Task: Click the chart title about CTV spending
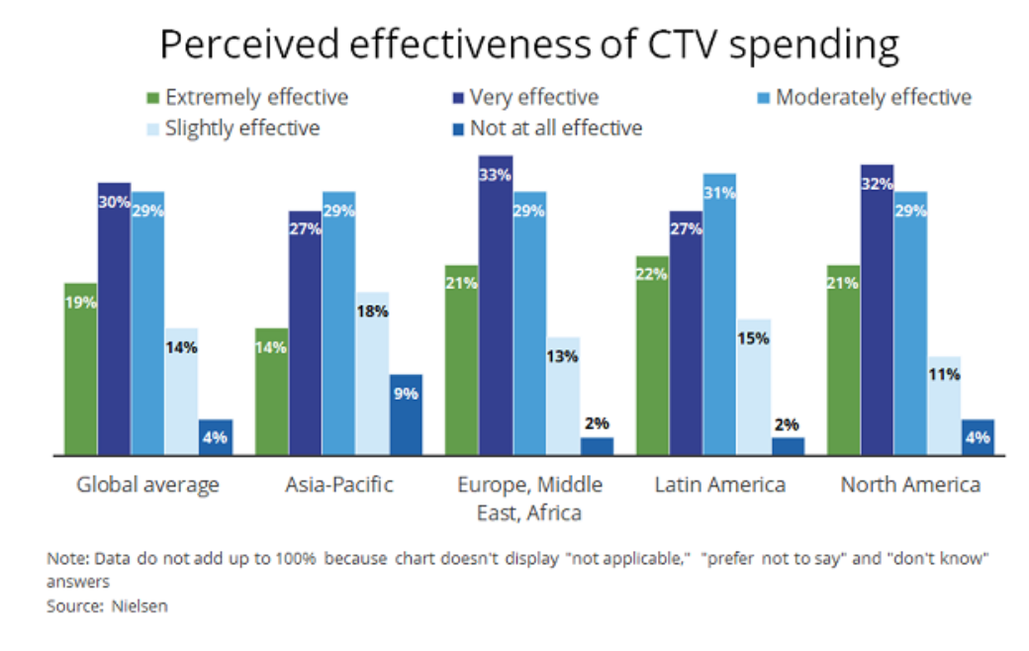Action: point(529,46)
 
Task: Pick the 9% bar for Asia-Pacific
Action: point(406,415)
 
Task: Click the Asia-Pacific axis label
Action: point(339,485)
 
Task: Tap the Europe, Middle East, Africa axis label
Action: point(529,499)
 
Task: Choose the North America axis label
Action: point(910,485)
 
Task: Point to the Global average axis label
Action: point(148,485)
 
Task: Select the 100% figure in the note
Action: point(297,559)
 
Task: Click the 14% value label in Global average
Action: point(181,347)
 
